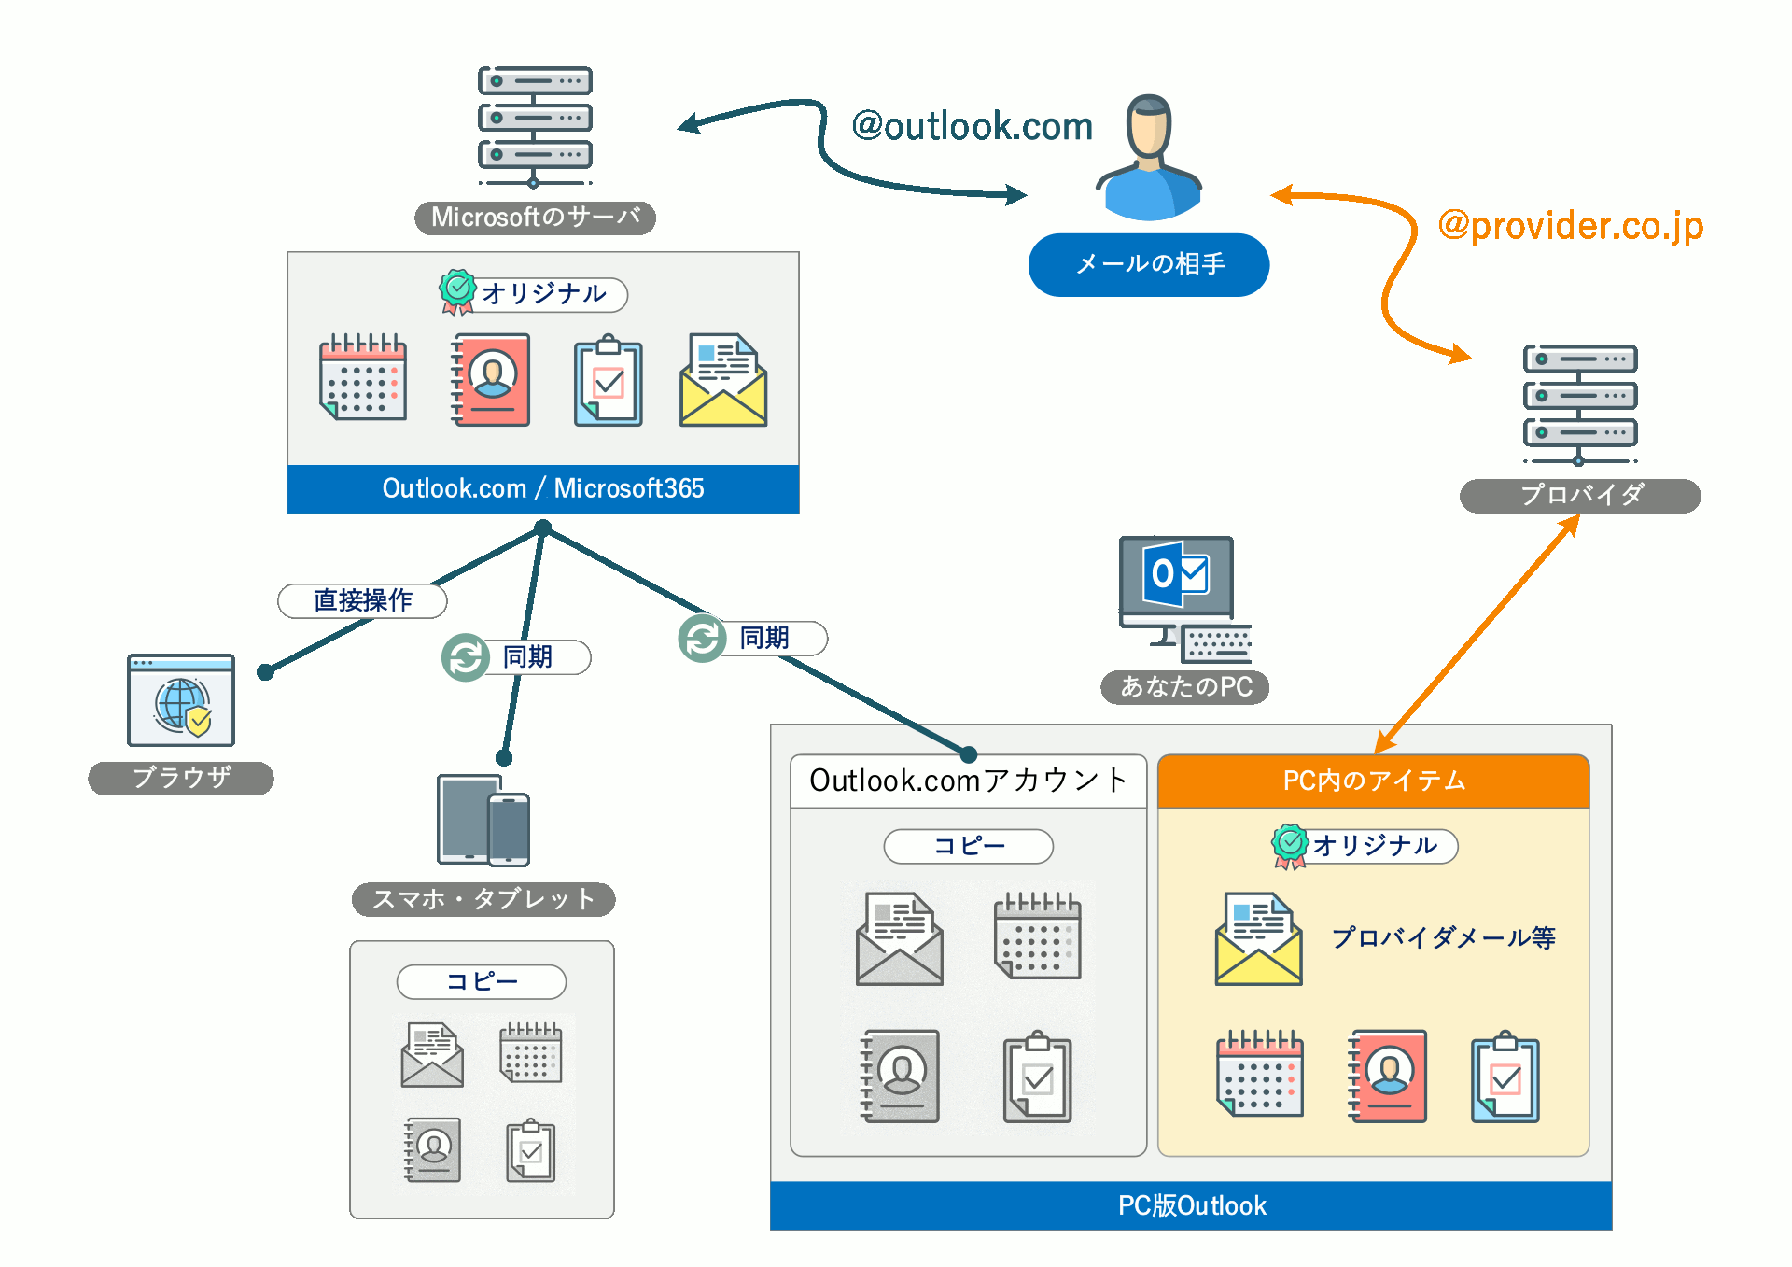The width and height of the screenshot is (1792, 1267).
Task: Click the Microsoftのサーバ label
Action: coord(535,218)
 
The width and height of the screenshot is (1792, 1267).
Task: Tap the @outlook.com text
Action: coord(972,126)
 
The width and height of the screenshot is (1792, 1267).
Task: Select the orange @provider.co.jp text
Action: coord(1571,225)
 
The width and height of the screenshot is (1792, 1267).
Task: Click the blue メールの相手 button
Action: coord(1148,264)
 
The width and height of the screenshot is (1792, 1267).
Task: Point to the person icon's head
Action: coord(1149,126)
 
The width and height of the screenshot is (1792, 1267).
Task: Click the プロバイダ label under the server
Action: coord(1580,495)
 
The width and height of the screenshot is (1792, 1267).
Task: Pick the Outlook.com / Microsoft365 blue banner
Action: coord(542,488)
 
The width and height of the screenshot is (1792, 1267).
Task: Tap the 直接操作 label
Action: coord(362,600)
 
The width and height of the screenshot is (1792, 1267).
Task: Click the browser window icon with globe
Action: coord(181,700)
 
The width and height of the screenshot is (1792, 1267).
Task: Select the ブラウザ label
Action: coord(181,778)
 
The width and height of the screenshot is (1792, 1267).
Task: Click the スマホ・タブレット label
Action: coord(483,899)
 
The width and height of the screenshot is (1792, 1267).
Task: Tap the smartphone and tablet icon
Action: coord(483,821)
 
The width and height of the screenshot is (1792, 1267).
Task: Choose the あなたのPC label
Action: coord(1184,686)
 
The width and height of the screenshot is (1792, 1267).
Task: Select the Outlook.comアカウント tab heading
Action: coord(968,781)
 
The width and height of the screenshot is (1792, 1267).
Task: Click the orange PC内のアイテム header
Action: coord(1373,781)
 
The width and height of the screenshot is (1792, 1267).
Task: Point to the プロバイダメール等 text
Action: coord(1443,937)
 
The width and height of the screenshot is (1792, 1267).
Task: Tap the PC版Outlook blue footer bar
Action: coord(1191,1205)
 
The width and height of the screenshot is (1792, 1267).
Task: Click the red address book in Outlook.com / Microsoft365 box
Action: coord(491,380)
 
